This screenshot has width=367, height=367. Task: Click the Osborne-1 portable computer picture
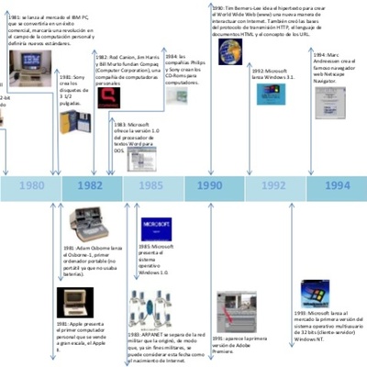coord(88,224)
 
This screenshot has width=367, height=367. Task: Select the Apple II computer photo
coord(75,301)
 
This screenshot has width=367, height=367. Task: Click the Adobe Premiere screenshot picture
coord(233,307)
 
